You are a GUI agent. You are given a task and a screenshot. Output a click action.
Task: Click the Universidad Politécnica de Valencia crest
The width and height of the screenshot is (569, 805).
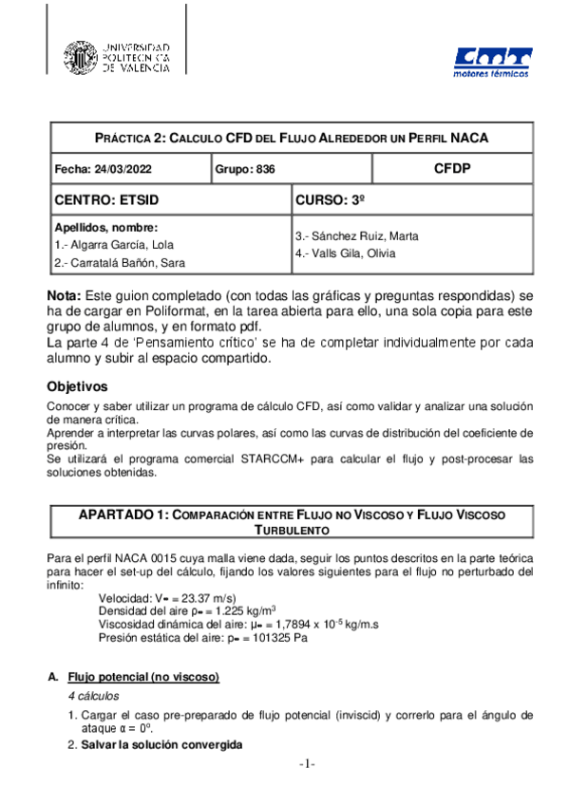79,58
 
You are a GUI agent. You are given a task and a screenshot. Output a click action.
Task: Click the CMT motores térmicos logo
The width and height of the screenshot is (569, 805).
492,64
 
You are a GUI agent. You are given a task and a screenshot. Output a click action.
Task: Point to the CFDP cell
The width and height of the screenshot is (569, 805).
452,168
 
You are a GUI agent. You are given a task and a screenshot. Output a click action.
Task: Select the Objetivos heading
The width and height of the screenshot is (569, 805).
80,386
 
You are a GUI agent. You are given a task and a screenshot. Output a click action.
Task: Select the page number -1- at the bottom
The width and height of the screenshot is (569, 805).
306,764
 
